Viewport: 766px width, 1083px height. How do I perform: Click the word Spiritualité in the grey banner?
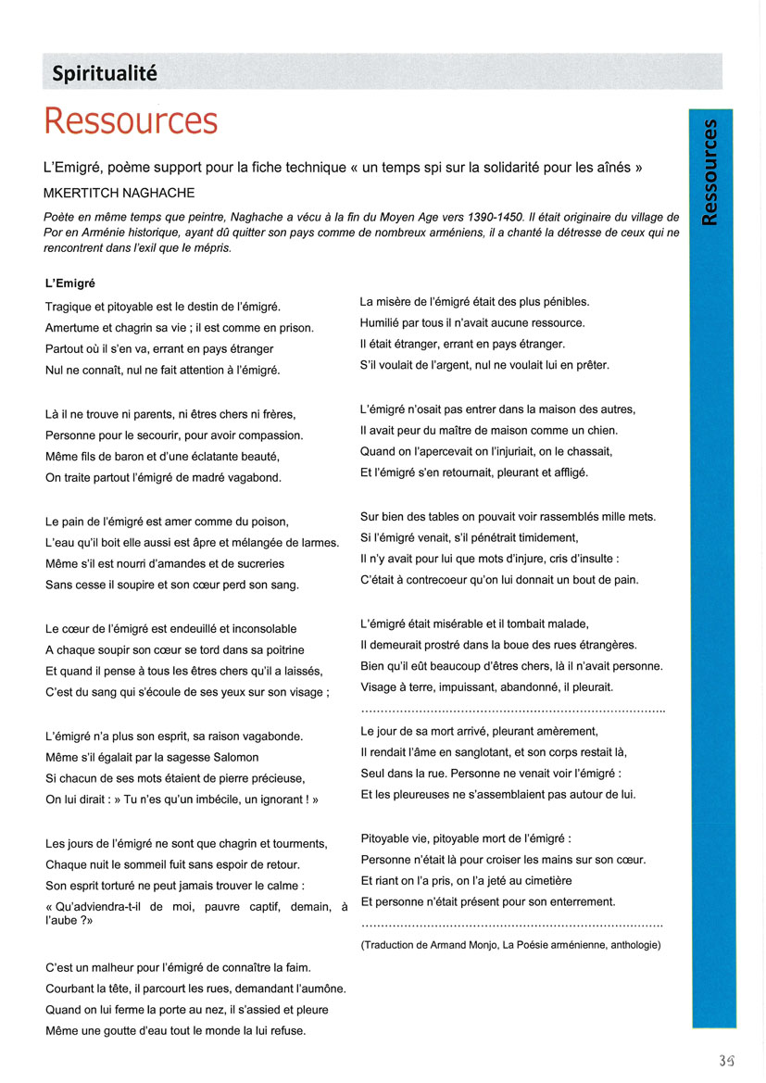tap(104, 73)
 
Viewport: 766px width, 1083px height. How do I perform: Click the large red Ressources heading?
tap(131, 121)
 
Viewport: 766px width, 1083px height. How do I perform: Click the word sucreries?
tap(255, 563)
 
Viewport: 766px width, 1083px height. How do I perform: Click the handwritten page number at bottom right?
tap(728, 1060)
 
